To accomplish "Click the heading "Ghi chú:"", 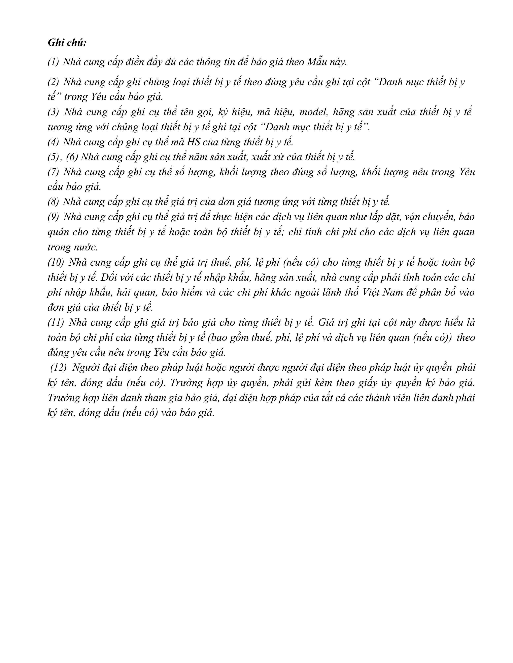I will pos(67,43).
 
